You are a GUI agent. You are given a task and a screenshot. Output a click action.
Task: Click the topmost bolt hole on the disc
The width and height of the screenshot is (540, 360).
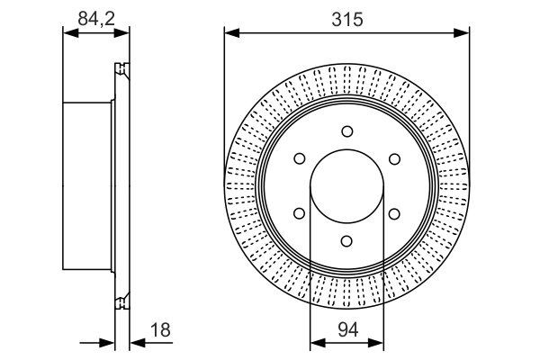(346, 131)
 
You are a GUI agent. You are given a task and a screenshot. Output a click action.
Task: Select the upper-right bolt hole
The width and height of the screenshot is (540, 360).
(394, 159)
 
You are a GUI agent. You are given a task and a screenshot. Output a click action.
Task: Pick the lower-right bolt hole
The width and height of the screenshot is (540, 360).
(394, 213)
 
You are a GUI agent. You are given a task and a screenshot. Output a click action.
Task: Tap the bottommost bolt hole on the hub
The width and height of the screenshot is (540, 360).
(346, 241)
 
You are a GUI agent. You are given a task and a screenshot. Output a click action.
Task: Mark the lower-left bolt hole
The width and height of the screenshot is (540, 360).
(299, 213)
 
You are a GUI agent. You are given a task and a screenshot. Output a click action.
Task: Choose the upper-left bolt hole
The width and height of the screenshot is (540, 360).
(299, 159)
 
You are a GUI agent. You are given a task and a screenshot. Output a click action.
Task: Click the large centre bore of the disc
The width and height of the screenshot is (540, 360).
(346, 186)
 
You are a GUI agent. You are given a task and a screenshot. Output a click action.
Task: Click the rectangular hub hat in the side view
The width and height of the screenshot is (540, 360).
(88, 186)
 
